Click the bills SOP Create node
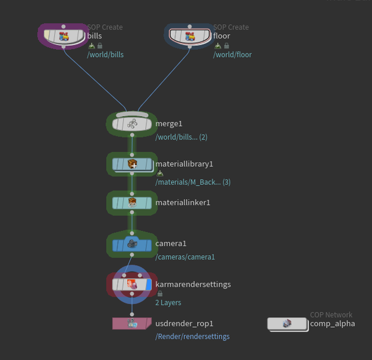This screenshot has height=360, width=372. (x=63, y=36)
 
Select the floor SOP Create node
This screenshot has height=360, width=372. (x=190, y=36)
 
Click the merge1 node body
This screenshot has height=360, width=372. (x=131, y=124)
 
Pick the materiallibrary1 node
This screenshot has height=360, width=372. (x=131, y=164)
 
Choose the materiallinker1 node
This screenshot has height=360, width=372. (x=131, y=202)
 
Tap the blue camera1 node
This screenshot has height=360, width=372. (x=131, y=244)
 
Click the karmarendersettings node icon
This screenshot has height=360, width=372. (x=131, y=284)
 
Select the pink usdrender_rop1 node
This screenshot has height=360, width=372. (x=131, y=323)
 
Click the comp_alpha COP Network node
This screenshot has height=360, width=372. (x=287, y=323)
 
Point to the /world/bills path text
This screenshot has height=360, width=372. (x=105, y=55)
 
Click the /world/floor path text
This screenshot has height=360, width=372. (x=232, y=55)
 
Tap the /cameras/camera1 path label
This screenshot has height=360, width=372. (x=185, y=257)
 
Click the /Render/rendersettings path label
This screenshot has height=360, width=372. (x=192, y=336)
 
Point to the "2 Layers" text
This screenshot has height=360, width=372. (x=168, y=302)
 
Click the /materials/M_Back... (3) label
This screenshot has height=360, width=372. (x=193, y=182)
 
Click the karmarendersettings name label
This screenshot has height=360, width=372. (x=193, y=284)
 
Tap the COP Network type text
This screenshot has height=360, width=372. (x=331, y=315)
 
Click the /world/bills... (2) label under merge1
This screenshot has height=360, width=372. (x=181, y=137)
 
